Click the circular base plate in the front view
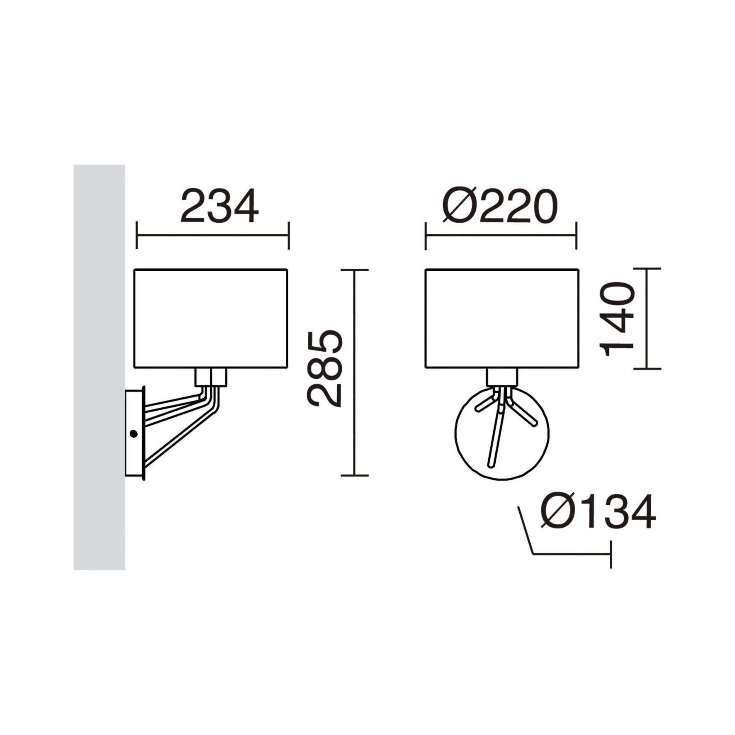[x=469, y=448]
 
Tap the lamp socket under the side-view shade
[x=211, y=377]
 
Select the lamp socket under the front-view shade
[x=502, y=377]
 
